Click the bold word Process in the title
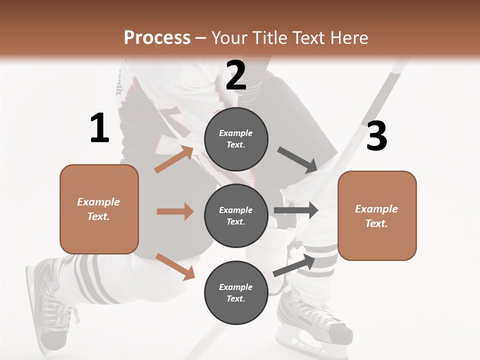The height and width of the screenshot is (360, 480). click(157, 37)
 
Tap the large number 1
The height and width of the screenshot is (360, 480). click(99, 128)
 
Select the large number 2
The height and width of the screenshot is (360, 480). click(236, 75)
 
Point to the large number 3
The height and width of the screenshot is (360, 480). click(376, 136)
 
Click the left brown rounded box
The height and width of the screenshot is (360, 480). click(99, 209)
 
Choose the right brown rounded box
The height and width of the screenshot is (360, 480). click(377, 216)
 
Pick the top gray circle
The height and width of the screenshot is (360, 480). click(236, 139)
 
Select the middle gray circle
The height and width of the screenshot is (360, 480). click(236, 216)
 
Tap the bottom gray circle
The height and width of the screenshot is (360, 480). click(236, 293)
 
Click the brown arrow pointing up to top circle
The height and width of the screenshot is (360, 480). click(174, 159)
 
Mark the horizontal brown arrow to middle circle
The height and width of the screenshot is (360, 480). click(175, 211)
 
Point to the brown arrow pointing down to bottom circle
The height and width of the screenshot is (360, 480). click(175, 266)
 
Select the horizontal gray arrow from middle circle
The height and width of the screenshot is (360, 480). click(296, 210)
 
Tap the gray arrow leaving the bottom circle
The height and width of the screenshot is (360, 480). click(294, 265)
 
